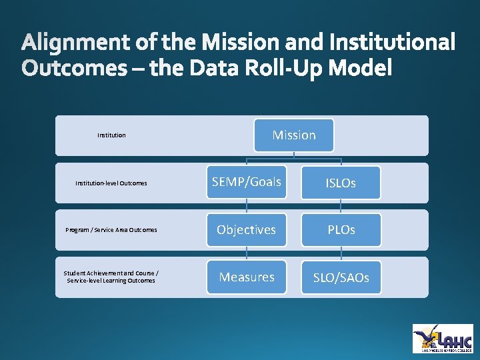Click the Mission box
(294, 135)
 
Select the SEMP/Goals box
(247, 182)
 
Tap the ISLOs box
(341, 183)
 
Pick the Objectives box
(247, 229)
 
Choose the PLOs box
(341, 229)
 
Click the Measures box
(247, 277)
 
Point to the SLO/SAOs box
(341, 277)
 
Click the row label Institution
(111, 135)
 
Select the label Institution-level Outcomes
(111, 183)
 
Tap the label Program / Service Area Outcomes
(111, 230)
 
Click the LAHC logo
(443, 338)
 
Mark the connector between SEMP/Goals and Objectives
(247, 206)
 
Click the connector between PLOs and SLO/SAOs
(341, 253)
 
